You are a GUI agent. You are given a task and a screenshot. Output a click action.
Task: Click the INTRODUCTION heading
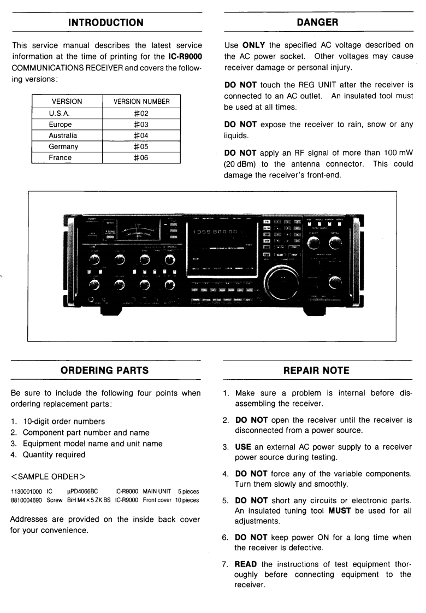(x=106, y=22)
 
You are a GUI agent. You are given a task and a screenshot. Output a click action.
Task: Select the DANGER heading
(x=317, y=22)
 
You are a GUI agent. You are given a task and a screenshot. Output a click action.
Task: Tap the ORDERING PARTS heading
(x=105, y=370)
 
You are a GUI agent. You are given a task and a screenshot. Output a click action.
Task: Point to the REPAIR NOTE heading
(x=317, y=370)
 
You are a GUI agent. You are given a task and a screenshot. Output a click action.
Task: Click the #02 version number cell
(x=141, y=113)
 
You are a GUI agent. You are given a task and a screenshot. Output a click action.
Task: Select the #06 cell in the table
(x=141, y=157)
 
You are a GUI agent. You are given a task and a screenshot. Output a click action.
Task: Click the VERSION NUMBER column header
(x=141, y=102)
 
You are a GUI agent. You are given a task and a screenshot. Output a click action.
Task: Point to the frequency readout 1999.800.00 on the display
(x=214, y=232)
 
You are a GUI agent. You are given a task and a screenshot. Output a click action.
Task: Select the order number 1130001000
(x=27, y=492)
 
